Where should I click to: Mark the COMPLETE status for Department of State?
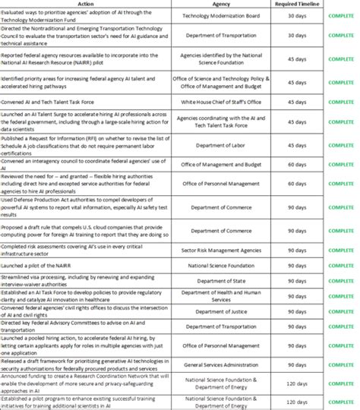pos(340,280)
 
